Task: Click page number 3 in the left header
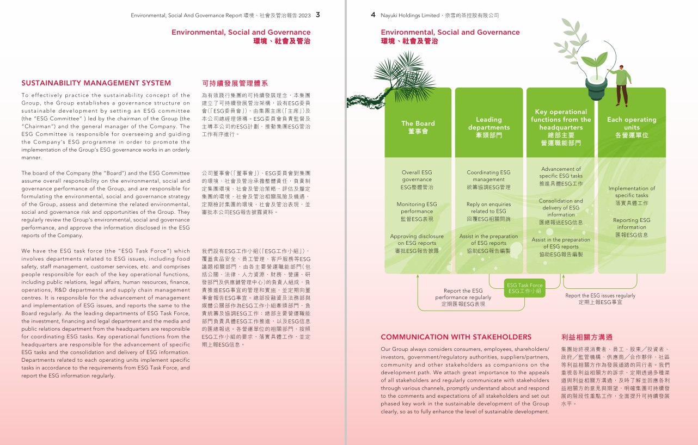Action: (318, 15)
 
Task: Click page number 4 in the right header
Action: (373, 15)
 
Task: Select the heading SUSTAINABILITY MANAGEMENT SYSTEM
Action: (96, 83)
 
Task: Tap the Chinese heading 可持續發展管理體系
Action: (235, 83)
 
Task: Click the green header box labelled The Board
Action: (418, 127)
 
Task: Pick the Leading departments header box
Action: (488, 127)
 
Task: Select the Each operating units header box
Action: (632, 127)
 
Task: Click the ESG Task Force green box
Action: (524, 288)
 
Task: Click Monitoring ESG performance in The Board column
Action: (417, 211)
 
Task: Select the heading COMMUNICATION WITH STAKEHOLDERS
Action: (456, 337)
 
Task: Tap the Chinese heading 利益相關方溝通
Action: (586, 337)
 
